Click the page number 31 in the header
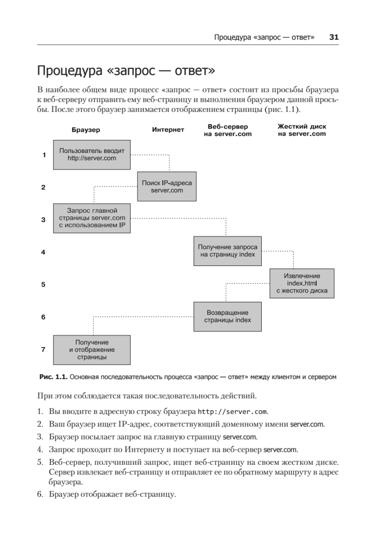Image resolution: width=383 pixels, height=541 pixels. coord(334,37)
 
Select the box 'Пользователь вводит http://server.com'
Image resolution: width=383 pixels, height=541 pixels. coord(92,154)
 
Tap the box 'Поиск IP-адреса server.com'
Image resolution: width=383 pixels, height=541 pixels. coord(166,186)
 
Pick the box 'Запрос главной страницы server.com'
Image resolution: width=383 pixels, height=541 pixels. coord(92,218)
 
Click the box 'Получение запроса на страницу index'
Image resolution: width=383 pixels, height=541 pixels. coord(227,251)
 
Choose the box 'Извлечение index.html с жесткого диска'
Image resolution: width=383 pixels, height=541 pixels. coord(302,284)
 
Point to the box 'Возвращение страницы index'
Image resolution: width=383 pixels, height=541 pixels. coord(227,316)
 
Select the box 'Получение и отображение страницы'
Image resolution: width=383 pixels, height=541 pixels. coord(92,349)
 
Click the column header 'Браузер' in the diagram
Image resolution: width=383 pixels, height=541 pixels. coord(86,130)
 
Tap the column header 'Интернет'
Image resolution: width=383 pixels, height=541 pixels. coord(168,130)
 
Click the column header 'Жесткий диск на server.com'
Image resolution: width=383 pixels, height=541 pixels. coord(301,130)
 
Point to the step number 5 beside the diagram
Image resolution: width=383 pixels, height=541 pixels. coord(43,284)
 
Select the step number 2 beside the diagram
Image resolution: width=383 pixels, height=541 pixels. coord(43,187)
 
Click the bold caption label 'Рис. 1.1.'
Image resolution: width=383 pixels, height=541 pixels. coord(53,376)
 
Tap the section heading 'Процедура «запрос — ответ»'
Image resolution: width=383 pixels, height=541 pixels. coord(126,71)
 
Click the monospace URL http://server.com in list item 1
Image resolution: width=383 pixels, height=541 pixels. coord(233,412)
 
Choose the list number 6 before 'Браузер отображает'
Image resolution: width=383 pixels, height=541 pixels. coord(40,495)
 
